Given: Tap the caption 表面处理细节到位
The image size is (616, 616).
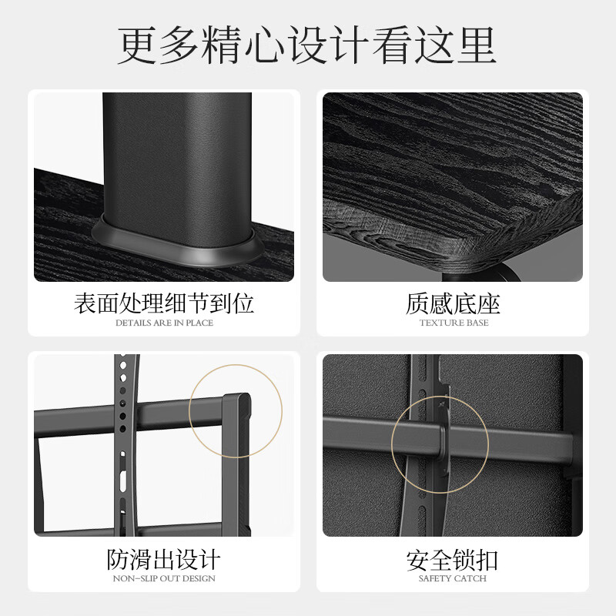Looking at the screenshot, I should (163, 303).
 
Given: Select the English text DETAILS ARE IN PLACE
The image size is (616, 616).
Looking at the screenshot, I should (163, 323).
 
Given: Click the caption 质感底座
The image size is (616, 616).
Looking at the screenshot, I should (453, 303).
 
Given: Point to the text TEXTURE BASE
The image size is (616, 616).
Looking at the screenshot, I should (454, 323).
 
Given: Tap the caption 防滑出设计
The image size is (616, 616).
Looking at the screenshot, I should (163, 559).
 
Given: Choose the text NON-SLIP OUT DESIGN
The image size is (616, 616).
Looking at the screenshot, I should (163, 578).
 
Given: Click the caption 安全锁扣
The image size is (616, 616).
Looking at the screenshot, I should (453, 560).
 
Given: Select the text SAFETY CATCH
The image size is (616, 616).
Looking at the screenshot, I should (453, 578).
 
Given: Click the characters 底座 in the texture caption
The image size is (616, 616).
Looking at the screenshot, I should (477, 303).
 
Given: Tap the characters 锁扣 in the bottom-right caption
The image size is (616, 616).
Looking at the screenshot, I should (477, 560).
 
